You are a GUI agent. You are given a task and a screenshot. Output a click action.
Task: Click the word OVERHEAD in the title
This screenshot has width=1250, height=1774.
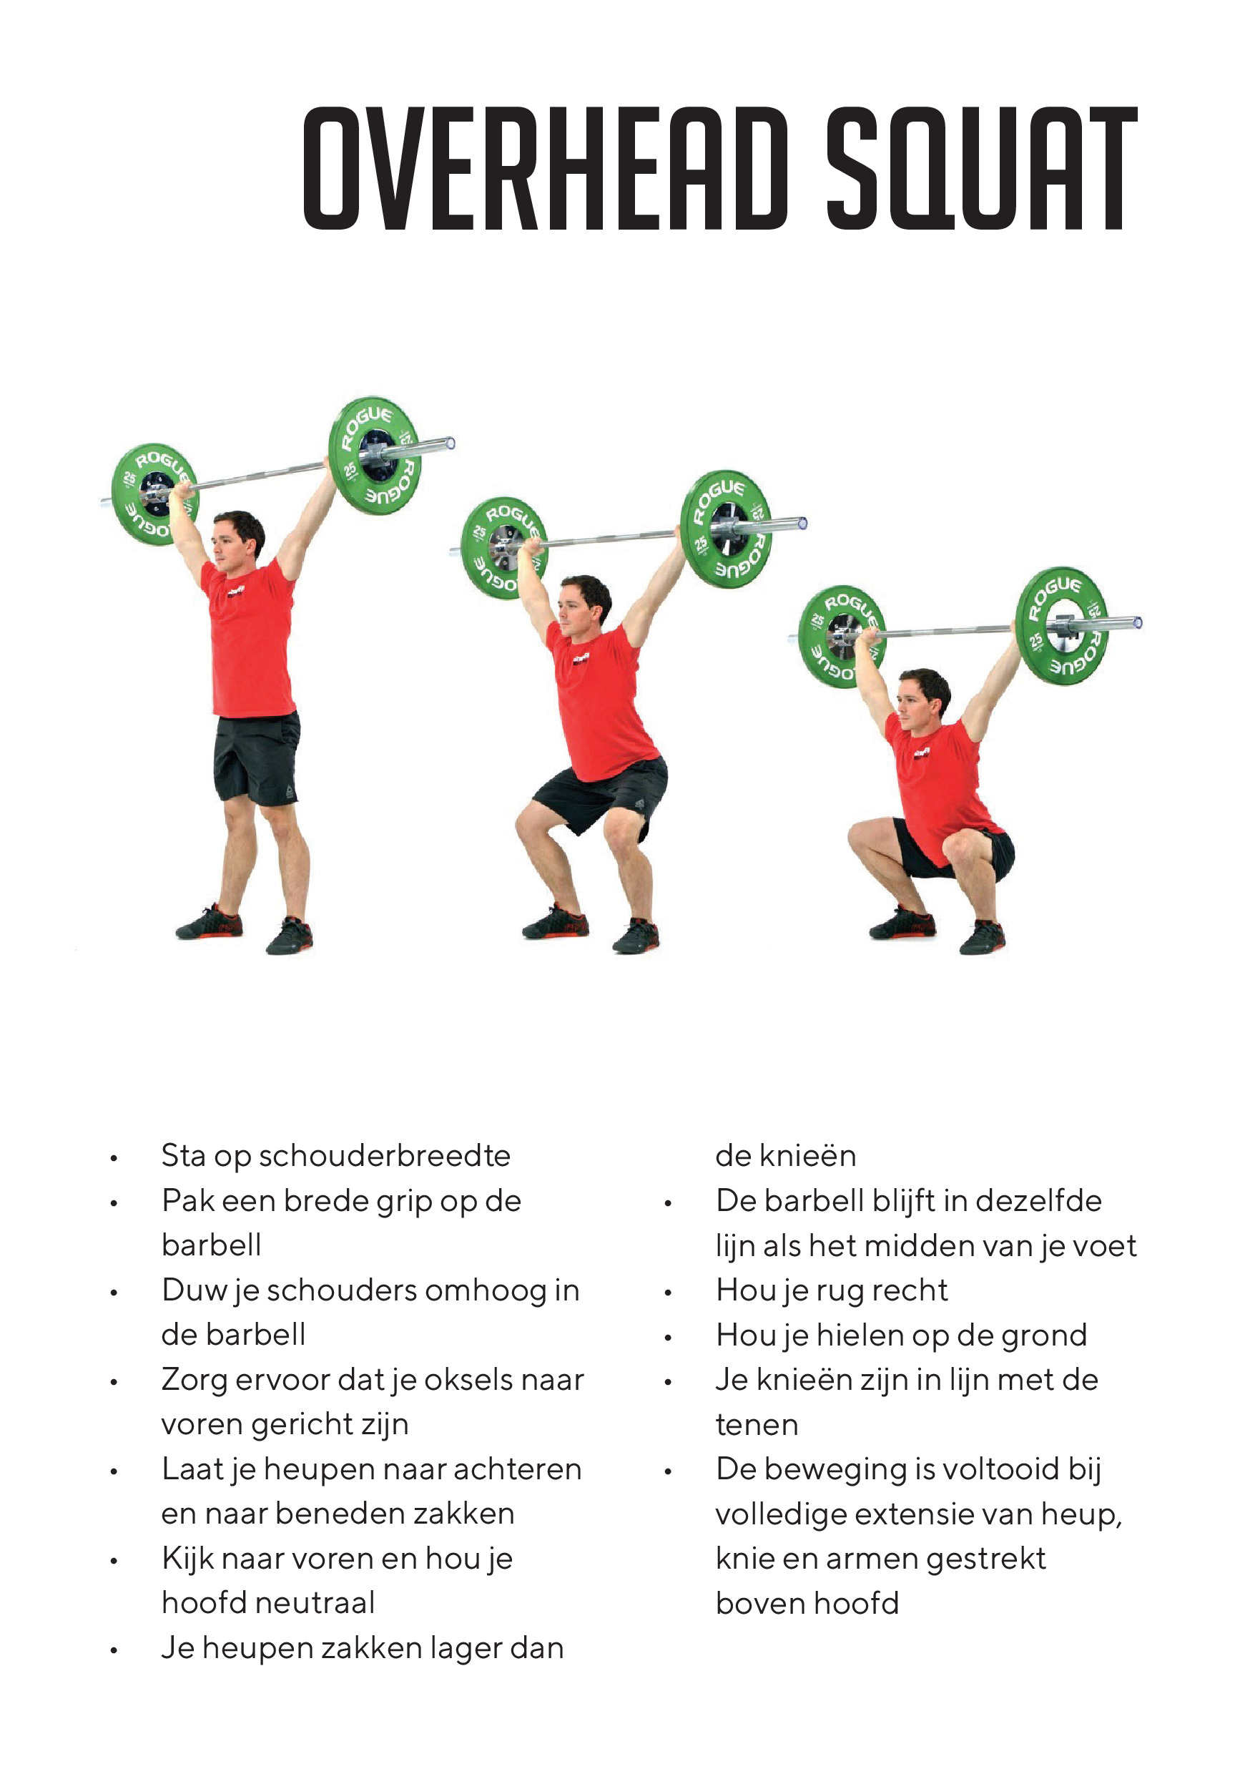tap(546, 168)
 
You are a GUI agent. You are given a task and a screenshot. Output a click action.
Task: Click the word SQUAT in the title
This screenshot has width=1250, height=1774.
tap(982, 168)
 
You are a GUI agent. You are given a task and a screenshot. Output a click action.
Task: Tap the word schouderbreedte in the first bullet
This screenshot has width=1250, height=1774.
tap(385, 1156)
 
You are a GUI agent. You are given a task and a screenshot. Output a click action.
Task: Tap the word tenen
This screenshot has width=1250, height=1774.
tap(757, 1425)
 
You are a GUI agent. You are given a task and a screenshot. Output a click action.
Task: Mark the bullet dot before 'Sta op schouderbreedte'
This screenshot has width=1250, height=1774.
tap(114, 1159)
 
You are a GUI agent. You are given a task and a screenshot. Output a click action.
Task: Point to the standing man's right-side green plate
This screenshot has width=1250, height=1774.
tap(375, 455)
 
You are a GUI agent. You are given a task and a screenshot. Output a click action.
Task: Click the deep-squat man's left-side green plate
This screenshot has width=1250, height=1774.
tap(840, 636)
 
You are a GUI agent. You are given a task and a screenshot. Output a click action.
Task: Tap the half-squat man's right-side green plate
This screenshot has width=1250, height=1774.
tap(727, 529)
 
